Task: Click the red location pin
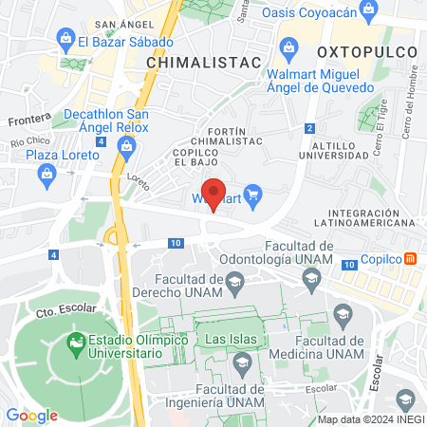[214, 195]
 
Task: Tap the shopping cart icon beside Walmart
[251, 198]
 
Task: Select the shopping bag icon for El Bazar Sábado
[65, 40]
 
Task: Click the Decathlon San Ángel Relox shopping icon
[126, 145]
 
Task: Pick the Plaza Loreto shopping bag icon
[46, 173]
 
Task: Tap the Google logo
[31, 415]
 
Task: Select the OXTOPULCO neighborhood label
[362, 48]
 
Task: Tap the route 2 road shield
[309, 128]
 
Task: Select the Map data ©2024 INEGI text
[370, 419]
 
